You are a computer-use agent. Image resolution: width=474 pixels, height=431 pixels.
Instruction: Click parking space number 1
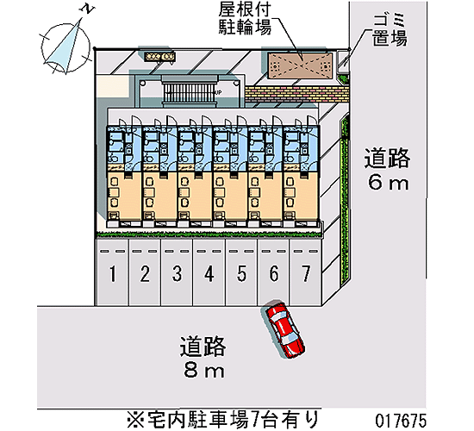[112, 272]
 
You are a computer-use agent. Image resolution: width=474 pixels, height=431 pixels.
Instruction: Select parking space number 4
[209, 272]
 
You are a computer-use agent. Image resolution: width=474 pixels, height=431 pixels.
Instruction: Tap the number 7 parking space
[305, 272]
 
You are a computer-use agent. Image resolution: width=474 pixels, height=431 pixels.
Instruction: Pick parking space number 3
[177, 272]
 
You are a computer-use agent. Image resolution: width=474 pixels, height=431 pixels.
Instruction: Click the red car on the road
[284, 329]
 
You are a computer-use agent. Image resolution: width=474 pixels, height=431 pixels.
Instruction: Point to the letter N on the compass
[87, 9]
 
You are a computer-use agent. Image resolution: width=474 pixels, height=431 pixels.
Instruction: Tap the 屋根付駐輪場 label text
[245, 20]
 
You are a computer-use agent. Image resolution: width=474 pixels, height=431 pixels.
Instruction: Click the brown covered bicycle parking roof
[300, 66]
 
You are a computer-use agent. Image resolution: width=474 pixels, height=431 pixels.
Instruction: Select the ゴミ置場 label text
[390, 30]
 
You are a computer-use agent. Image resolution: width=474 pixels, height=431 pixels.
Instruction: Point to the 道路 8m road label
[203, 357]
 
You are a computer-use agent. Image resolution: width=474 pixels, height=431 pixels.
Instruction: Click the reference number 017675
[401, 421]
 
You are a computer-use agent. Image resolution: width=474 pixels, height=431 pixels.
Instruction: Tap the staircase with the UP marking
[190, 92]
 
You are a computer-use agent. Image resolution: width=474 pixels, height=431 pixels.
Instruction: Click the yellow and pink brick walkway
[296, 93]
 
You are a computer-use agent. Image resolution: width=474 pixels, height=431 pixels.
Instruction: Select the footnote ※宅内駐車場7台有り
[223, 420]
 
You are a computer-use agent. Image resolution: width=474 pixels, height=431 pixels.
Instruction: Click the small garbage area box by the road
[343, 63]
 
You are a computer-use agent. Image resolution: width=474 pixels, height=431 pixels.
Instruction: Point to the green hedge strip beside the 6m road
[345, 200]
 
